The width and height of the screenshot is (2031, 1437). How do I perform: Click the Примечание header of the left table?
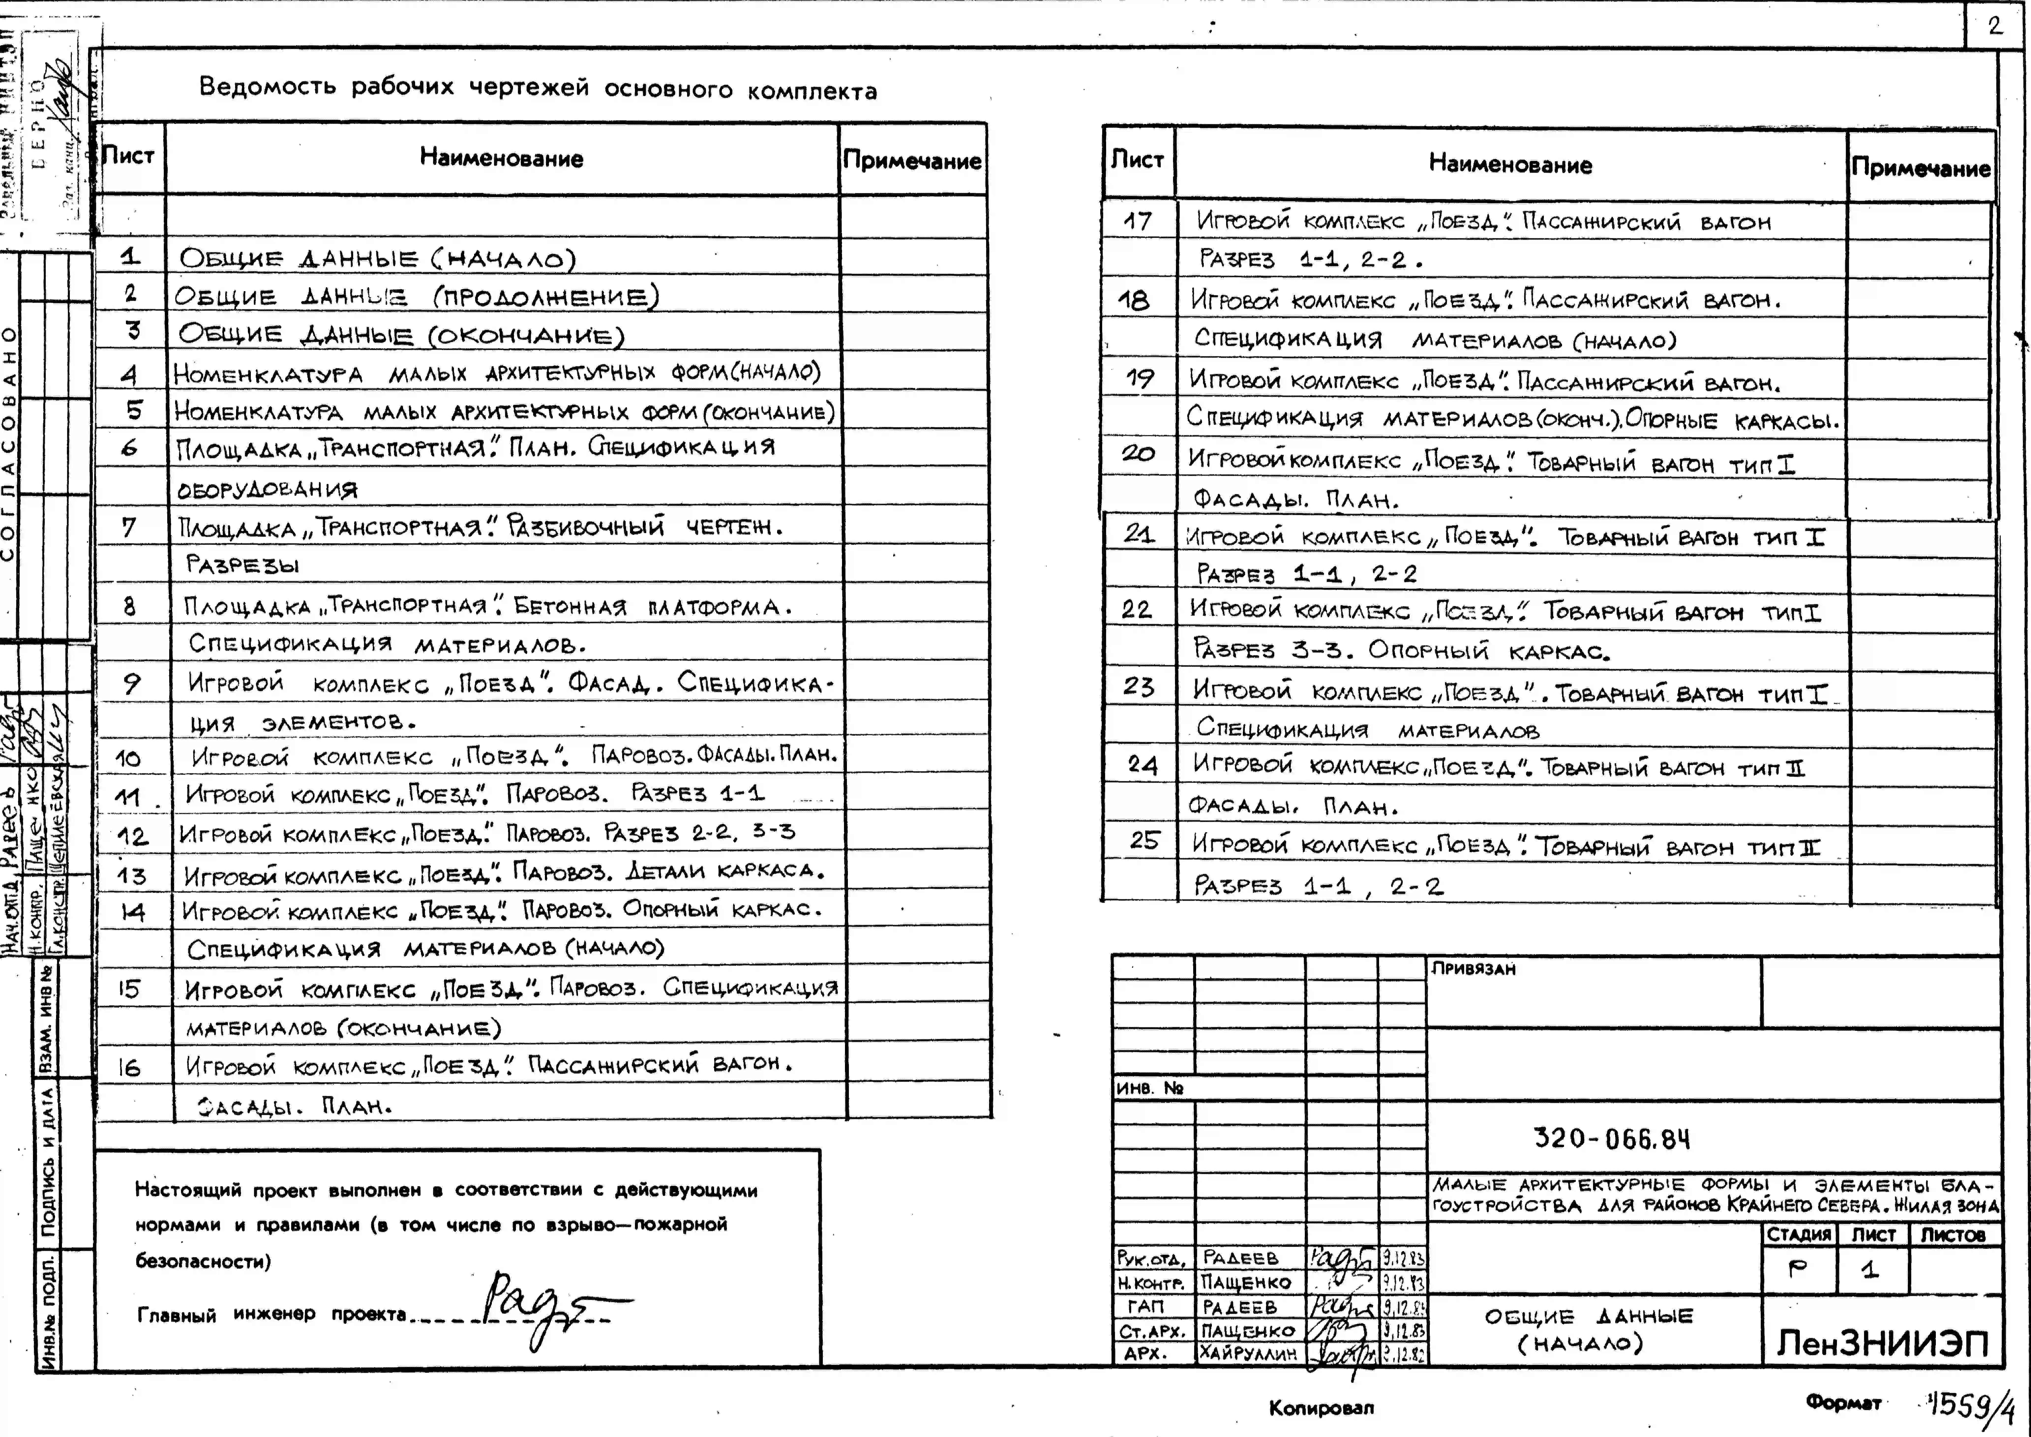[912, 160]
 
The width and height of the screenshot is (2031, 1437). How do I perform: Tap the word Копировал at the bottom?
[1321, 1407]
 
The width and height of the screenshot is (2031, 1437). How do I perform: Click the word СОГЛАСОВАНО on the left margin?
[9, 442]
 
